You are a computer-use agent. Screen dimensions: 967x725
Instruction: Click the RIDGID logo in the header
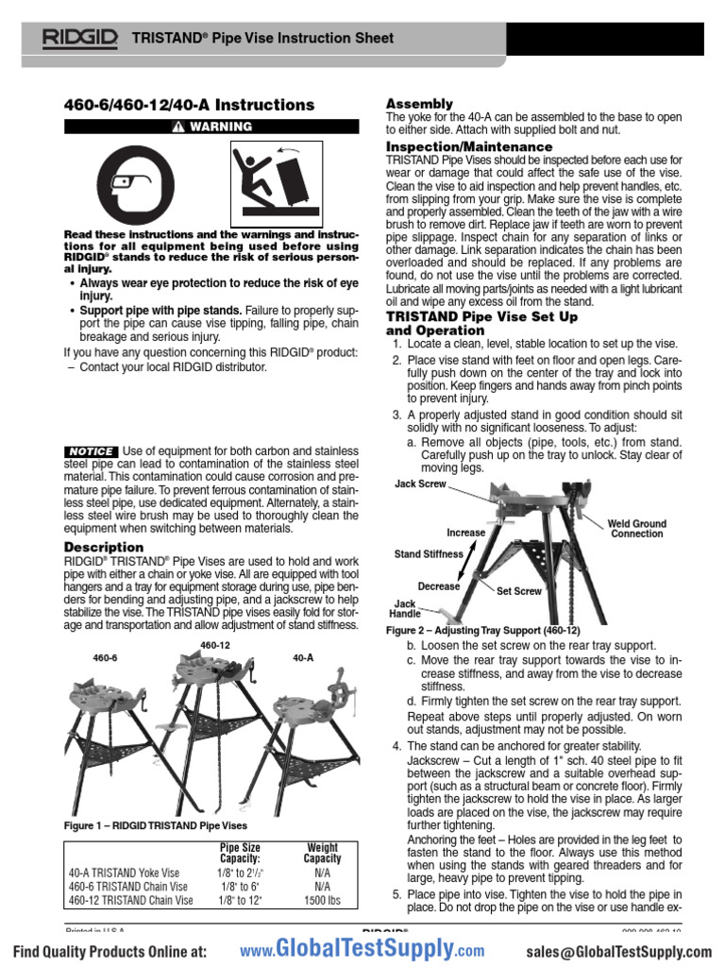click(x=79, y=39)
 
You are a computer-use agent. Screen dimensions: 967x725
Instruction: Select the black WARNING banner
click(x=211, y=127)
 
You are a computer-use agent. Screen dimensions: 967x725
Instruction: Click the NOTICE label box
click(x=91, y=451)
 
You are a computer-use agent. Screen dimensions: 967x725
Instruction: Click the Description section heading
click(x=104, y=547)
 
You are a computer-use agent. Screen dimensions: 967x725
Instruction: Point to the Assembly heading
click(x=420, y=103)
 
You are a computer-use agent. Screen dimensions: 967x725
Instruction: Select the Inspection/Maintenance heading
click(x=469, y=147)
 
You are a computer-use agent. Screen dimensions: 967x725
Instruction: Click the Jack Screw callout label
click(x=420, y=483)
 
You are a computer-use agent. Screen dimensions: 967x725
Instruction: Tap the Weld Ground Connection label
click(x=636, y=528)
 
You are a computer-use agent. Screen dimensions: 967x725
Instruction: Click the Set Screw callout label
click(x=519, y=591)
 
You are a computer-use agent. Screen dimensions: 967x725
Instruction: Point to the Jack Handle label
click(x=406, y=608)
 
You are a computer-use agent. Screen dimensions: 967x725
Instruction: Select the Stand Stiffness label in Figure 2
click(x=429, y=554)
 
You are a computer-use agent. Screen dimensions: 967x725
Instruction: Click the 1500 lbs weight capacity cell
click(x=322, y=901)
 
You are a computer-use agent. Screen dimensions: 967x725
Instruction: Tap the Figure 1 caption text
click(x=156, y=825)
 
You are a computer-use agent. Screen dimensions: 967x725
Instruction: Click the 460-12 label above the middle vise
click(x=215, y=644)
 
